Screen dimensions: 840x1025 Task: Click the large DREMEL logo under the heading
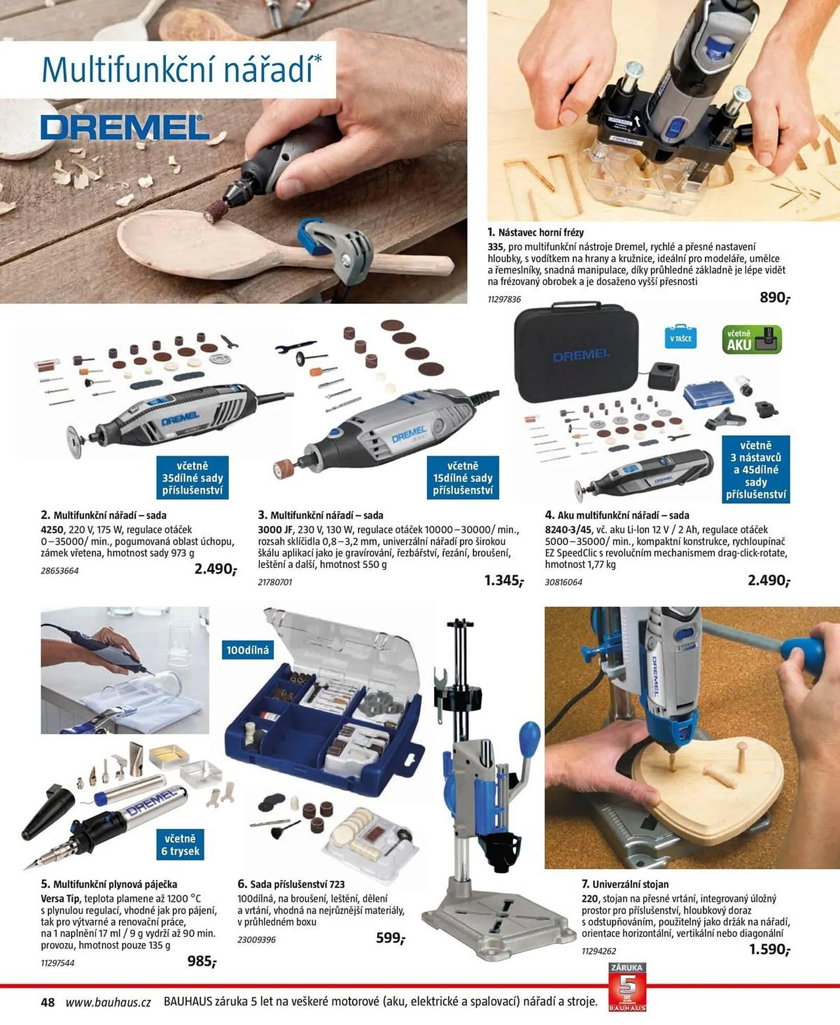click(125, 127)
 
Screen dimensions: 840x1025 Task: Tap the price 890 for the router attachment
click(774, 298)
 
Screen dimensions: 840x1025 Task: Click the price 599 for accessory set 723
click(391, 938)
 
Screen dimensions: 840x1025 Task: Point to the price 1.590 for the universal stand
click(769, 950)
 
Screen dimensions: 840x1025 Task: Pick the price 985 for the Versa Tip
click(202, 961)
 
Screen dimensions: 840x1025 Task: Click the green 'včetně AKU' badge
click(752, 340)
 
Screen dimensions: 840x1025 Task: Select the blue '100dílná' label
click(248, 650)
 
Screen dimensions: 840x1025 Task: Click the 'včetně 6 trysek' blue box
click(180, 845)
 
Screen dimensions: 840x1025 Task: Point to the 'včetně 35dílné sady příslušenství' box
click(193, 478)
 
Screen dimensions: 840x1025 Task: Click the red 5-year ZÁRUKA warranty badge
click(627, 987)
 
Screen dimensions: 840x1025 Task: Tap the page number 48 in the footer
click(48, 1002)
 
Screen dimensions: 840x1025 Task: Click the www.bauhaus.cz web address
click(108, 1002)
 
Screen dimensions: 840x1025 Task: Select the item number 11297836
click(504, 299)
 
